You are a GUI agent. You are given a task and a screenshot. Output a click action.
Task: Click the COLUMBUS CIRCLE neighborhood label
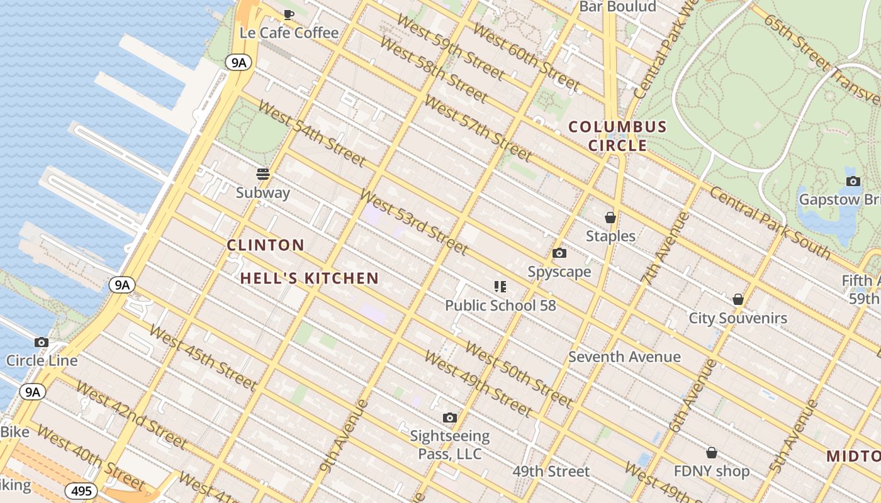tap(617, 136)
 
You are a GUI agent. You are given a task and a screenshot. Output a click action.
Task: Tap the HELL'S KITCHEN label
tap(310, 278)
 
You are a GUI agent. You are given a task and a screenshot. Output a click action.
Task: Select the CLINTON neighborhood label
tap(266, 245)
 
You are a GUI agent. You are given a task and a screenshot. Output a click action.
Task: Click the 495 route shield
tap(81, 491)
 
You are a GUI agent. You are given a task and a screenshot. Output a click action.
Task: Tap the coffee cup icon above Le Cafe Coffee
tap(289, 14)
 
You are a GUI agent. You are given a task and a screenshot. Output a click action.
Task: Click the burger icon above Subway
tap(263, 174)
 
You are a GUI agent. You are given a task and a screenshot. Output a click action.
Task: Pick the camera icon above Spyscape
tap(559, 253)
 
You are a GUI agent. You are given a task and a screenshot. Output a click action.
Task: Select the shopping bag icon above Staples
tap(610, 218)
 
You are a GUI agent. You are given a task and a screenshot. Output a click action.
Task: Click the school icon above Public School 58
tap(500, 287)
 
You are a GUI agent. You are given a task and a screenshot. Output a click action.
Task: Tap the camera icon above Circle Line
tap(42, 343)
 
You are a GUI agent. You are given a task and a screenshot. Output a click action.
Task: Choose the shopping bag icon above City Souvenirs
tap(738, 299)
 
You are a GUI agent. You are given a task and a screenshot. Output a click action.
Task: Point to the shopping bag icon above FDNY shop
tap(712, 453)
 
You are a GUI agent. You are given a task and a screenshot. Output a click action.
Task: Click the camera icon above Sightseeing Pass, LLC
tap(449, 417)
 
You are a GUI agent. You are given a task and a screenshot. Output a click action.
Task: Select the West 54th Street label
tap(311, 133)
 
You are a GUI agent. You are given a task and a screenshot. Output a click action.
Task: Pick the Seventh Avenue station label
tap(624, 357)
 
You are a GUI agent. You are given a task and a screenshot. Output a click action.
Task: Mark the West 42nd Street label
tap(130, 415)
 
